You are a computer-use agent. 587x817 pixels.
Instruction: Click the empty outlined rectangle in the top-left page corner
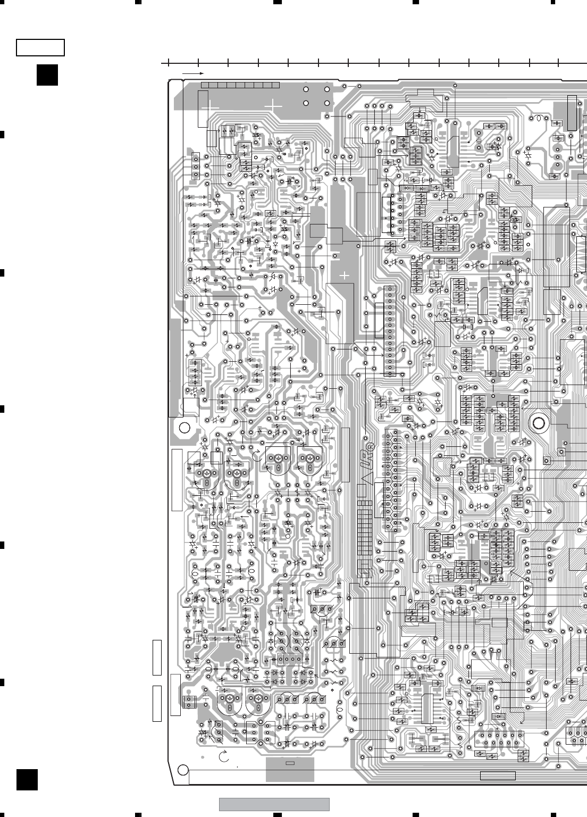pos(40,47)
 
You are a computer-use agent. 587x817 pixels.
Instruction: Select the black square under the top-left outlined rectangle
pos(47,75)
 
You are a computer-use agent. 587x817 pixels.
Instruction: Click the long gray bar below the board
pos(274,804)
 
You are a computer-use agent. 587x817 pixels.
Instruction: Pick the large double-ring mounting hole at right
pos(539,423)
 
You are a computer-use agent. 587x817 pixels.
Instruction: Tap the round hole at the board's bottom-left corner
pos(182,769)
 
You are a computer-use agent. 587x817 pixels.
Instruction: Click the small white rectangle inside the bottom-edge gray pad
pos(290,763)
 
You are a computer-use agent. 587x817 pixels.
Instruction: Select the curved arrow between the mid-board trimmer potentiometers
pos(256,455)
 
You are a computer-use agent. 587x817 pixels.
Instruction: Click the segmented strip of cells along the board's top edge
pos(240,86)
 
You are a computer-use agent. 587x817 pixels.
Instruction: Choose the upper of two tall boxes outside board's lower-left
pos(156,658)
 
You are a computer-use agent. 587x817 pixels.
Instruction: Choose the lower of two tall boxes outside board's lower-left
pos(156,703)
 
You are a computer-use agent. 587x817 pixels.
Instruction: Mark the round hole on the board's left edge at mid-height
pos(184,427)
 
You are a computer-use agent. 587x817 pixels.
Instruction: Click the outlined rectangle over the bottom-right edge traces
pos(498,775)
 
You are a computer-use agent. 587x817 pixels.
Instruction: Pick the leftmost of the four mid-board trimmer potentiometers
pos(205,474)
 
